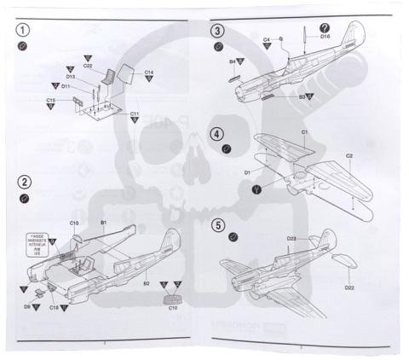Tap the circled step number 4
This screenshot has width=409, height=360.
pos(217,134)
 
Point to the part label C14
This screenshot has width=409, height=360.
pos(148,73)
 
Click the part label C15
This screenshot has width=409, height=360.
pos(52,102)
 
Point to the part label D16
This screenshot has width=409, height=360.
pos(325,37)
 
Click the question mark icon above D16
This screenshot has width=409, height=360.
pos(324,27)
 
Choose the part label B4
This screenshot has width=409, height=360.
pos(232,61)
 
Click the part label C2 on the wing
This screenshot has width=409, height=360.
pos(349,155)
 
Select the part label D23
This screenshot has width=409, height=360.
pos(291,238)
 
